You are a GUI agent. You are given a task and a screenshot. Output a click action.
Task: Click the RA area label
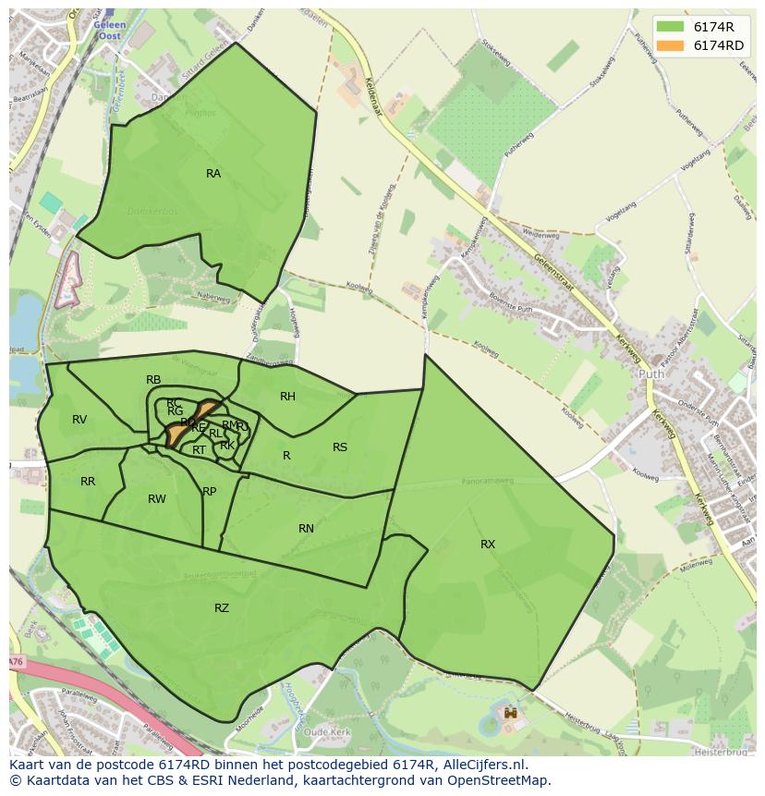pos(213,174)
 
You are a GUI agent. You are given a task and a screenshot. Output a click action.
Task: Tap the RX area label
pos(488,545)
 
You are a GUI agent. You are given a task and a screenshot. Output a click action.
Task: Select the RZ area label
pos(222,607)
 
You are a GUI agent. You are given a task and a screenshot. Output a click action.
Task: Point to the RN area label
pos(306,529)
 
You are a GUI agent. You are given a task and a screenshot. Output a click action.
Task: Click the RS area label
pos(340,447)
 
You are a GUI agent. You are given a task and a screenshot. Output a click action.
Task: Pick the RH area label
pos(287,397)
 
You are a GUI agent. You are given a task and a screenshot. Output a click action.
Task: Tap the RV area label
pos(79,420)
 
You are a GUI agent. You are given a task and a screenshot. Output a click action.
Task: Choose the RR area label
pos(88,482)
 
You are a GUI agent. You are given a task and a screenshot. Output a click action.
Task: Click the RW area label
pos(157,499)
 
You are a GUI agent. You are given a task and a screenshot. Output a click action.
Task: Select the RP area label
pos(210,492)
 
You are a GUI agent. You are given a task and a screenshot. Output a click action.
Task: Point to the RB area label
pos(153,380)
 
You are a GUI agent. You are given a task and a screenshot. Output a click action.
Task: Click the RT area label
pos(199,450)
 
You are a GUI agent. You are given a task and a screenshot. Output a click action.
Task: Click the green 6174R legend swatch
pos(671,27)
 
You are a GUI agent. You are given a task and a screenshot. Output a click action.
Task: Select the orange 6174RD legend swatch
pos(671,45)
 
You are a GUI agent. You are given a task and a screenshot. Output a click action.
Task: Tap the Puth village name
pos(650,374)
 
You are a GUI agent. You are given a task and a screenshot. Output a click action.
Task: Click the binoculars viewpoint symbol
pos(510,714)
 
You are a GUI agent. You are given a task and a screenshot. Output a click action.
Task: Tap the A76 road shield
pos(16,662)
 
